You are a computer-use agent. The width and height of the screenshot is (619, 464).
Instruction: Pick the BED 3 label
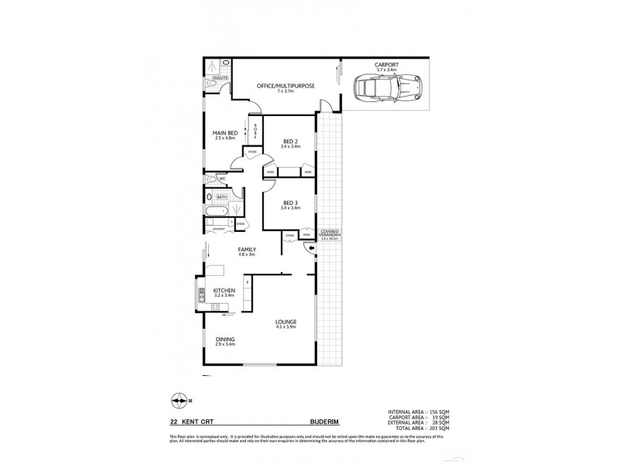tap(290, 203)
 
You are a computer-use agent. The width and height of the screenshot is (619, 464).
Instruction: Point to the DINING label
tap(225, 340)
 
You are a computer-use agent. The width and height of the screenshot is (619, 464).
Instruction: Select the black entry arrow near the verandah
tap(311, 248)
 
